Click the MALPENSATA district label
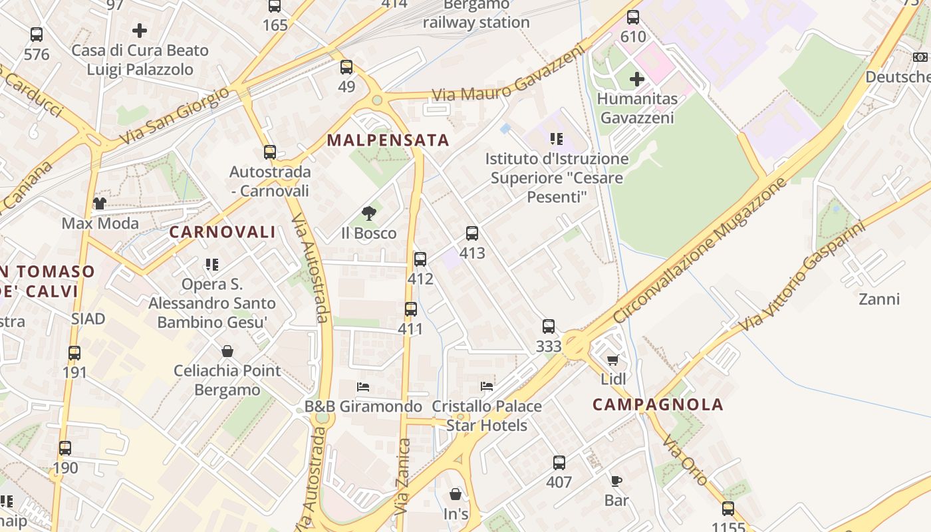click(x=388, y=140)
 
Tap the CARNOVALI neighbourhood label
click(x=222, y=232)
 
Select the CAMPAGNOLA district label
click(x=658, y=404)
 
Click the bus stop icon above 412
click(x=420, y=259)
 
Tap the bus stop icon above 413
click(x=472, y=233)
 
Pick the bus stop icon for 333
click(x=549, y=327)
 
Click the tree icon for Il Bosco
click(x=369, y=213)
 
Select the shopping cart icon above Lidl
click(x=613, y=360)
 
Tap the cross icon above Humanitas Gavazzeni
click(x=637, y=79)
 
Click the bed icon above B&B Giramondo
click(x=363, y=386)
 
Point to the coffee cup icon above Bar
click(x=616, y=481)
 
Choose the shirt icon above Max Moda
click(x=100, y=203)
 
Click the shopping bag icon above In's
click(x=456, y=494)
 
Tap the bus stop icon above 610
click(x=633, y=17)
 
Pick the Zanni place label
click(x=879, y=299)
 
